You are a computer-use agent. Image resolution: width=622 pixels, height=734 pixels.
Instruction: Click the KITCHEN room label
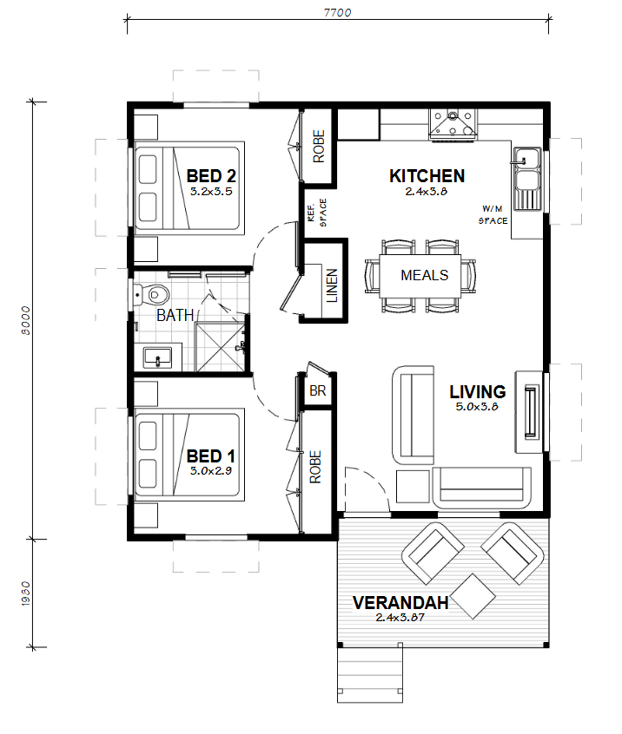[427, 176]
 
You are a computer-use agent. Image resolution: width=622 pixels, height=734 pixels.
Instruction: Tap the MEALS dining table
[424, 275]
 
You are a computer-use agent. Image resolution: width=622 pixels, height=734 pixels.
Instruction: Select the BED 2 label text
[211, 177]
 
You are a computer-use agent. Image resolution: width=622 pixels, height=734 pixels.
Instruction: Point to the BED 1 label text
[211, 456]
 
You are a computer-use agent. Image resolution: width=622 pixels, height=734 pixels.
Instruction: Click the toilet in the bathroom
[149, 293]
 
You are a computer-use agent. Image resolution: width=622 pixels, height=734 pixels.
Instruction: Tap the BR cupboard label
[318, 391]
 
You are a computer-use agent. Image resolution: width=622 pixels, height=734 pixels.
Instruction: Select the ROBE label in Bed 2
[318, 147]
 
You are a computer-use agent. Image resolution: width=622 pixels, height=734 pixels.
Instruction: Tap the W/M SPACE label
[493, 215]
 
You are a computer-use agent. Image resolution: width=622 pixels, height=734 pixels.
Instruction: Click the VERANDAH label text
[400, 603]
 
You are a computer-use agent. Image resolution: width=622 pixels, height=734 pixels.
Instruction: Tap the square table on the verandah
[471, 596]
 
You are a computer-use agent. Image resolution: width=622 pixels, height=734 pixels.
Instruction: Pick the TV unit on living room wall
[530, 411]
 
